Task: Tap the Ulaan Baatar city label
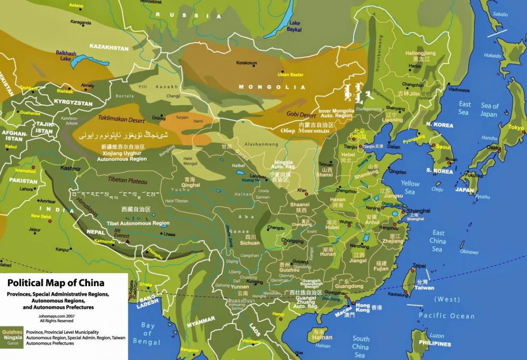pyautogui.click(x=291, y=75)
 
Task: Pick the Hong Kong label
pyautogui.click(x=363, y=308)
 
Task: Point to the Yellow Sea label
pyautogui.click(x=410, y=187)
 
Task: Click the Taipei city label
pyautogui.click(x=419, y=266)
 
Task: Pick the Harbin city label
pyautogui.click(x=415, y=66)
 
